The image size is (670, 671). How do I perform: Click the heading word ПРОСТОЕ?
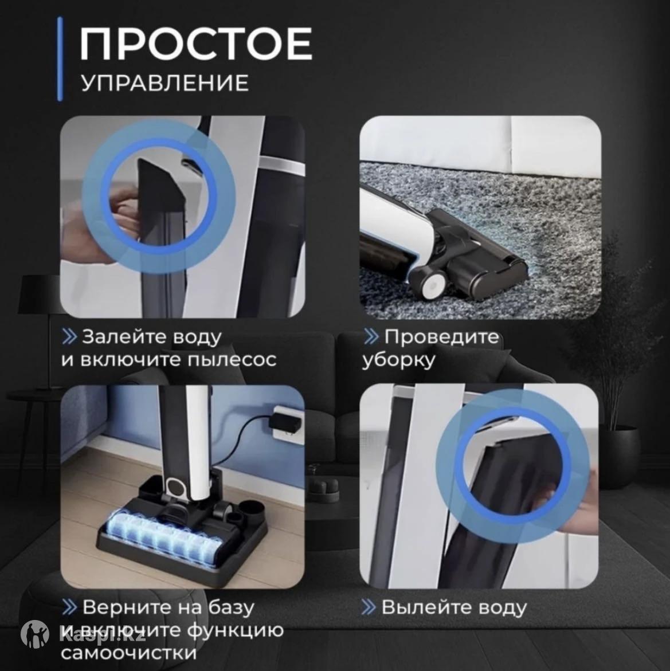(x=196, y=44)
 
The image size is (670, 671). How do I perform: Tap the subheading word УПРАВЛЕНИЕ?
(x=165, y=83)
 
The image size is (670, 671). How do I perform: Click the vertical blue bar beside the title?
(x=60, y=59)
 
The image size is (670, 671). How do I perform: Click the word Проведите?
(x=441, y=337)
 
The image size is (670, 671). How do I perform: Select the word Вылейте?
(x=421, y=607)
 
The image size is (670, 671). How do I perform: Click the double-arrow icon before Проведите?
(x=371, y=337)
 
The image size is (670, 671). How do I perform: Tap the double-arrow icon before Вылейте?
(x=368, y=607)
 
